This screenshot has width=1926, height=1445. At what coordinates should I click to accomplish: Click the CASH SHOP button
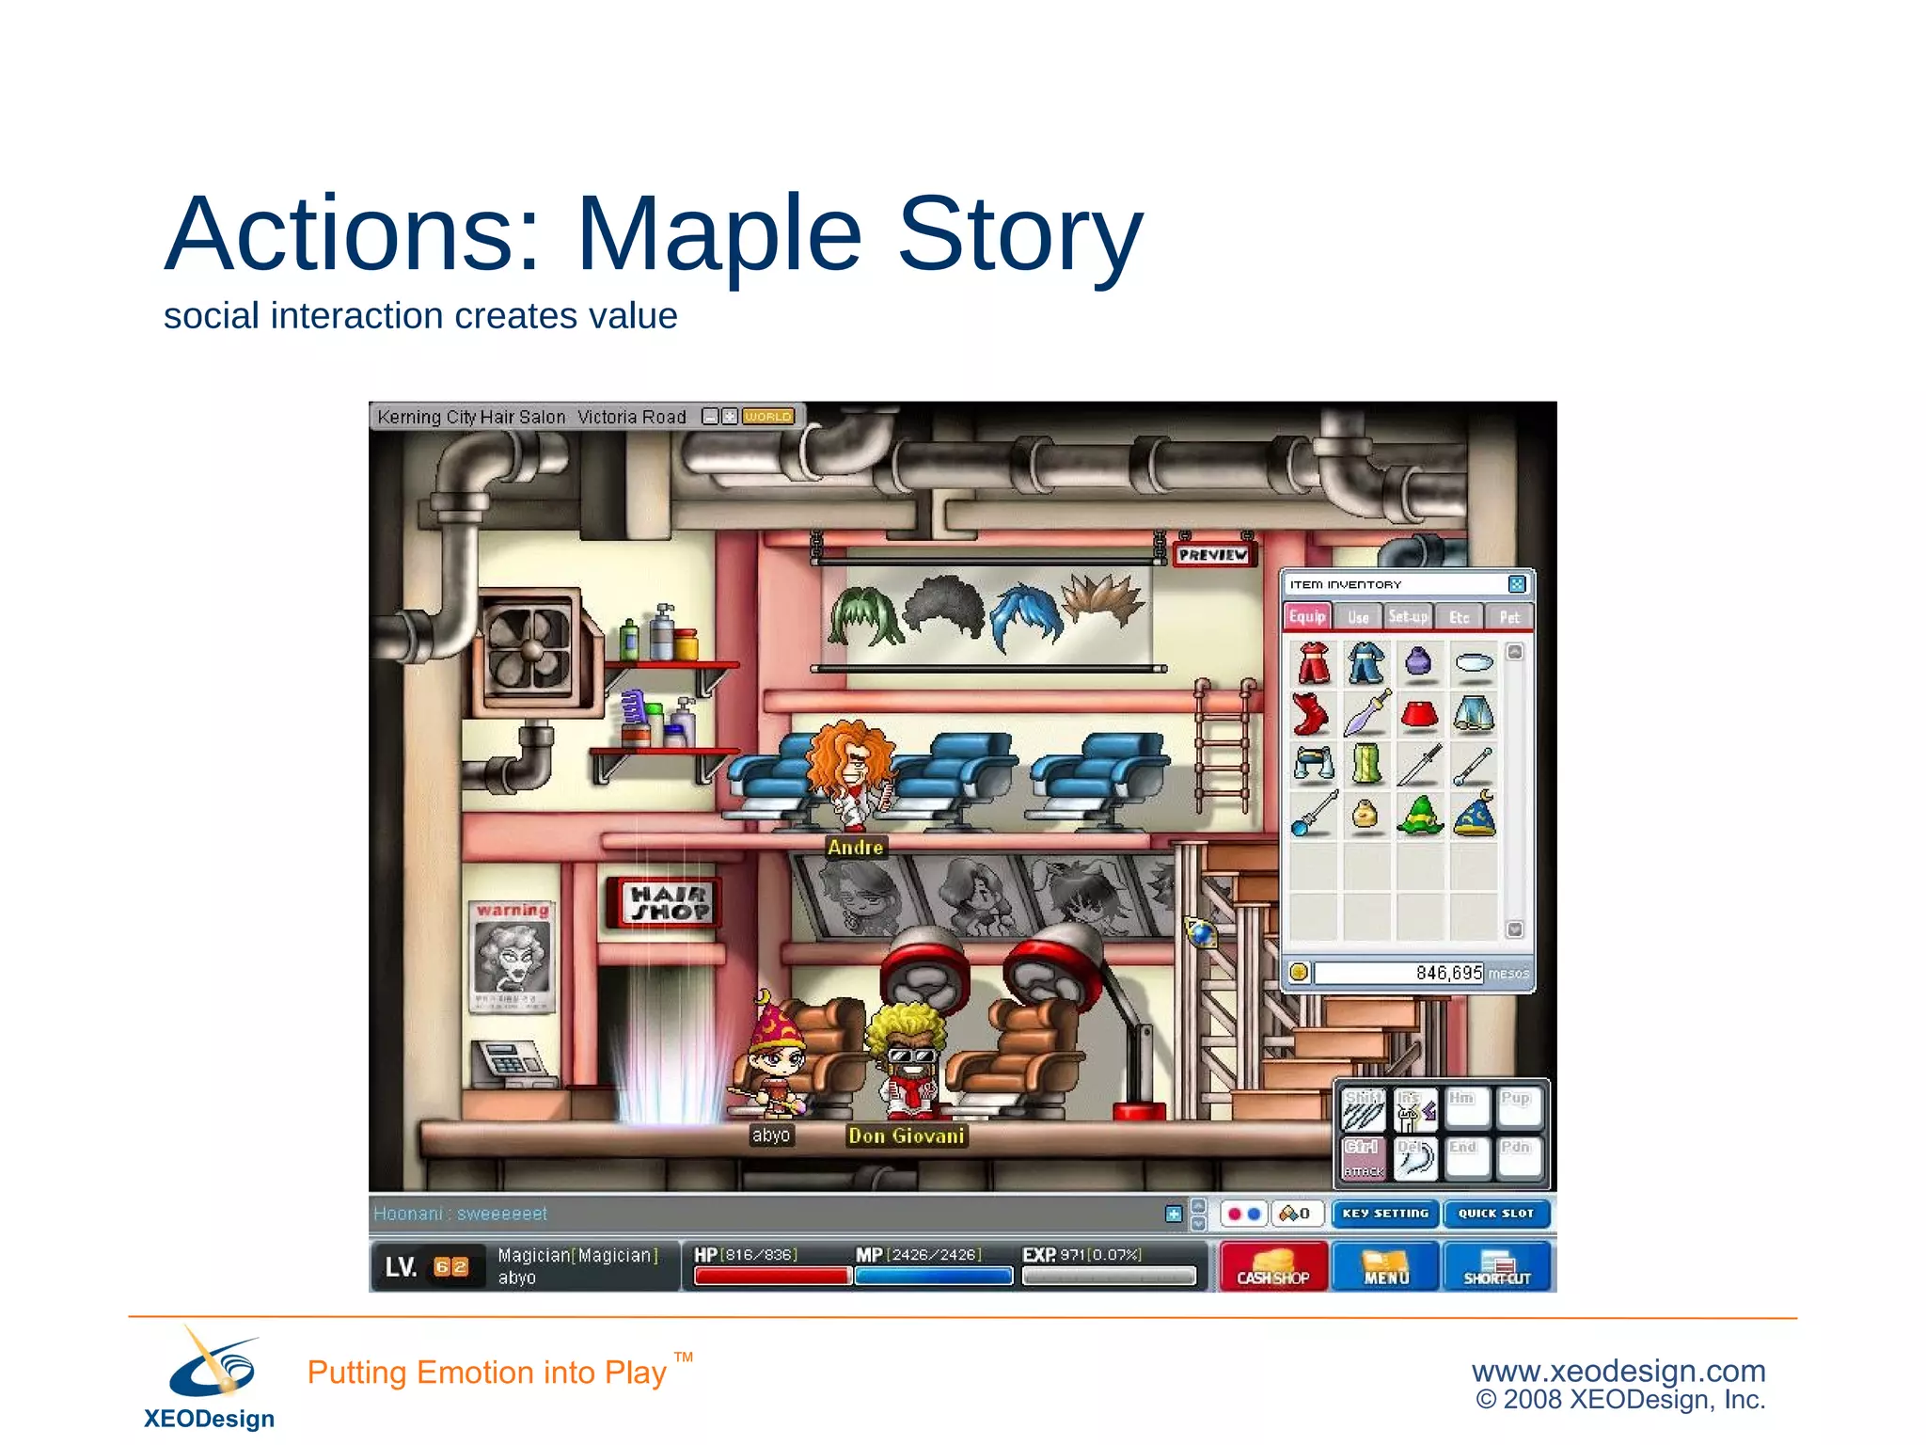tap(1272, 1266)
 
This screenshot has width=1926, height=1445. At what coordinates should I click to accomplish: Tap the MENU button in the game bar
tap(1385, 1266)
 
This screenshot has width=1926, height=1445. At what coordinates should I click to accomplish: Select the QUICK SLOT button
tap(1495, 1214)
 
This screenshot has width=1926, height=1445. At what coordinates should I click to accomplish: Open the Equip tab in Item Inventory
tap(1307, 616)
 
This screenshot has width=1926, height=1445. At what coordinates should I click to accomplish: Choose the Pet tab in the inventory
tap(1508, 617)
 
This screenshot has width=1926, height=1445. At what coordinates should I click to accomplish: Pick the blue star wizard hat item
tap(1474, 815)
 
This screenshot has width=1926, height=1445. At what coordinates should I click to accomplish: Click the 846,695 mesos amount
tap(1448, 973)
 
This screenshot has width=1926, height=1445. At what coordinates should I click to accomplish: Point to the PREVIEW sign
tap(1213, 555)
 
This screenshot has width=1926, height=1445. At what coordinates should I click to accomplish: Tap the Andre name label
tap(855, 848)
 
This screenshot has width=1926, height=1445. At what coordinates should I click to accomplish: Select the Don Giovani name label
tap(907, 1136)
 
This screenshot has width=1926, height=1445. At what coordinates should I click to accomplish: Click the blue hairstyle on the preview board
tap(1027, 615)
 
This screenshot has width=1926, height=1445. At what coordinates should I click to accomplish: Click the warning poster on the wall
tap(511, 956)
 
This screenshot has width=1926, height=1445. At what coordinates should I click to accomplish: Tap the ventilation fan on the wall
tap(529, 649)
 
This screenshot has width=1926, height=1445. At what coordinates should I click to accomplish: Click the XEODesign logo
tap(210, 1378)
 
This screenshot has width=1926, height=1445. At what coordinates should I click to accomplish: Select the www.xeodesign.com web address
tap(1618, 1371)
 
